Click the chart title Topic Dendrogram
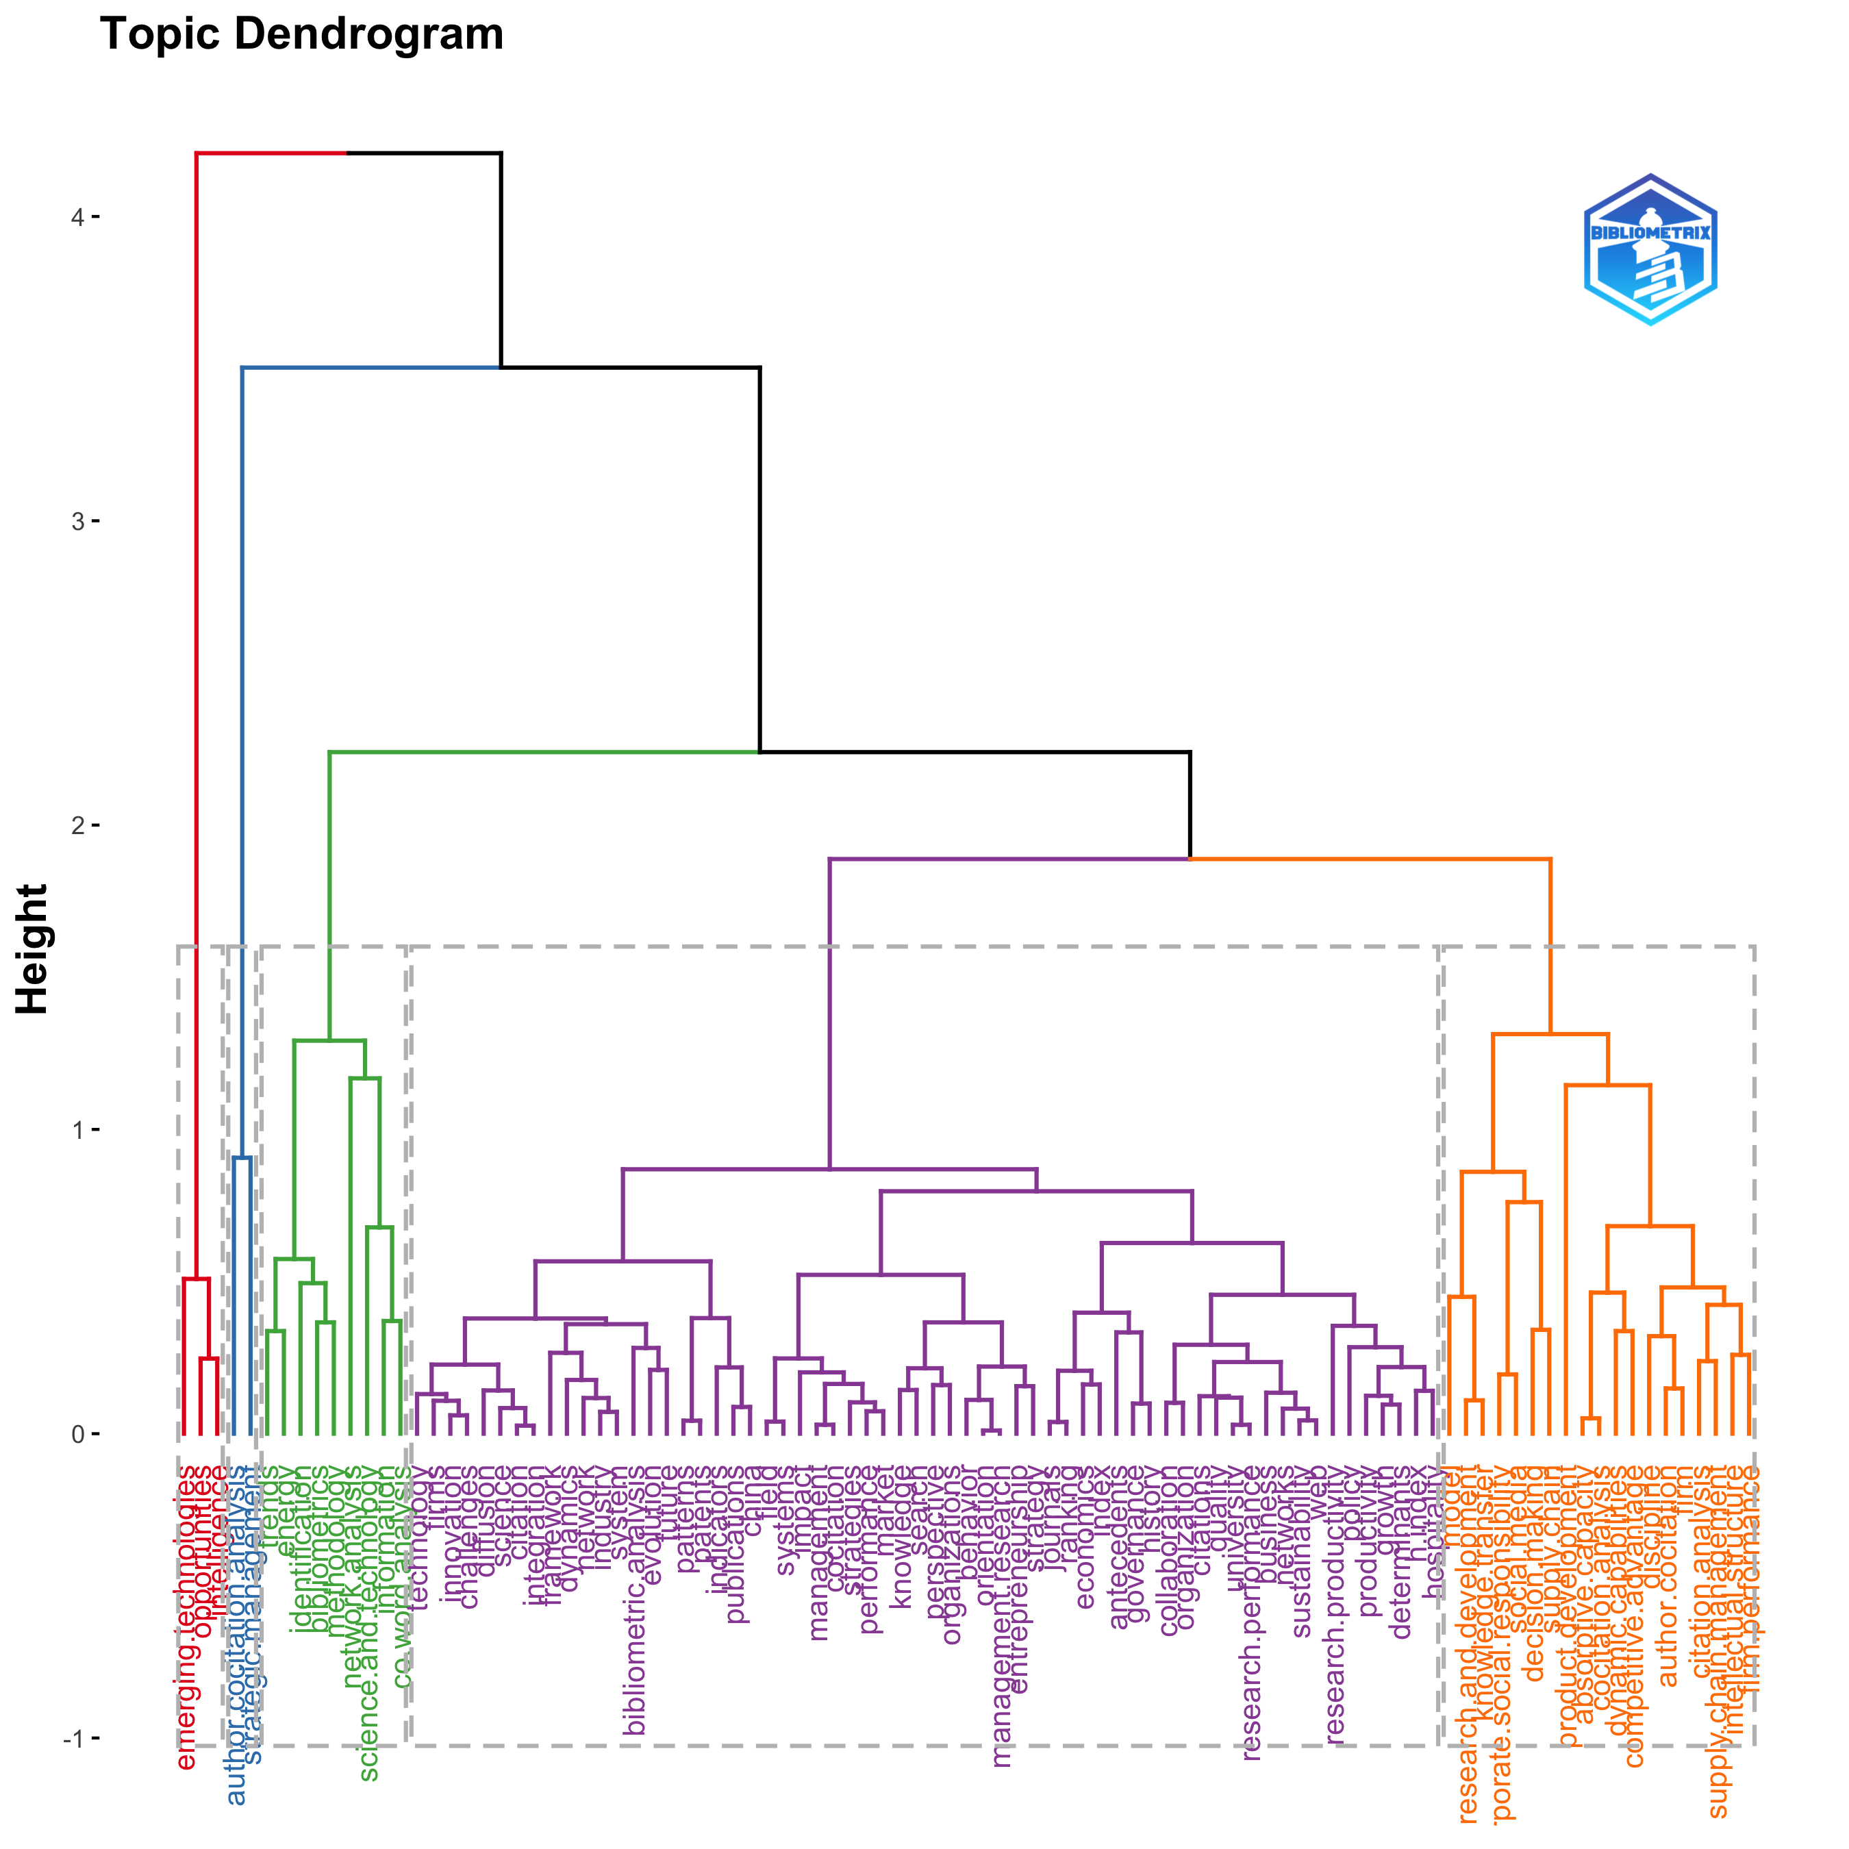click(301, 34)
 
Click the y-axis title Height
click(33, 948)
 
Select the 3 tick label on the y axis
click(77, 522)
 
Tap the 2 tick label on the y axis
click(77, 825)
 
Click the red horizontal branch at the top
click(271, 152)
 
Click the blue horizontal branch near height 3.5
click(371, 366)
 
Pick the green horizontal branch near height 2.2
click(544, 752)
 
